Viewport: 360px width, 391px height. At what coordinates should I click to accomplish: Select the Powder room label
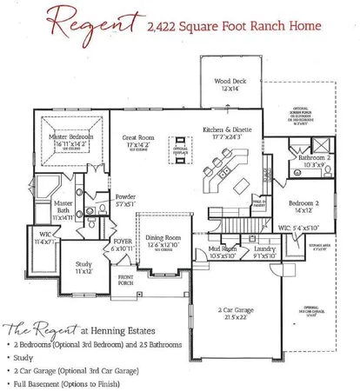[125, 198]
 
